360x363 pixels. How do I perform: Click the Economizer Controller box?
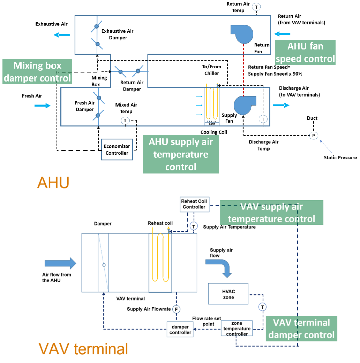tap(117, 149)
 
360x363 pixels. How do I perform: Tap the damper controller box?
tap(180, 330)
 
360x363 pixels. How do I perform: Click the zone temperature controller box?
tap(237, 329)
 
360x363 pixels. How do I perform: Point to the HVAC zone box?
tap(228, 294)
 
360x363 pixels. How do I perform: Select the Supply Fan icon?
tap(244, 105)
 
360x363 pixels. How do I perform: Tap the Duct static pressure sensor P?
tap(313, 136)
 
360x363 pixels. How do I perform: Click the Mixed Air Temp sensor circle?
tap(125, 120)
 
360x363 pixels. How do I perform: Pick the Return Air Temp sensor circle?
tap(257, 7)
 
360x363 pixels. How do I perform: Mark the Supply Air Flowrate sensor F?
tap(177, 309)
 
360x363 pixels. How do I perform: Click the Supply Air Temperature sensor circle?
tap(194, 226)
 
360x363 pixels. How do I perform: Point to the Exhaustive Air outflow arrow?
tap(62, 34)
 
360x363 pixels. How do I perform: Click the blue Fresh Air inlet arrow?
tap(43, 106)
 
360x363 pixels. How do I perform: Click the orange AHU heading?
tap(53, 183)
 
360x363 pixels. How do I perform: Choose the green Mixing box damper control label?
tap(37, 72)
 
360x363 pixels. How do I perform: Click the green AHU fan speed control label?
tap(305, 52)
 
